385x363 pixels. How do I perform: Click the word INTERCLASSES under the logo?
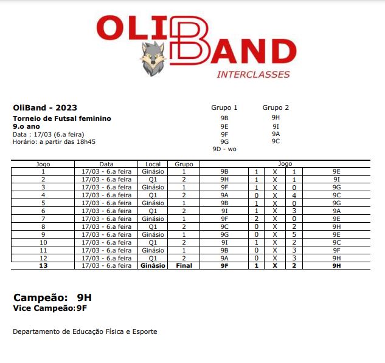253,75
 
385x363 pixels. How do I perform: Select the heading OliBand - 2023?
45,107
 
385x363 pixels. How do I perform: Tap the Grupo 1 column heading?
224,107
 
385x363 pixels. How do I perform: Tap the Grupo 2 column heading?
276,107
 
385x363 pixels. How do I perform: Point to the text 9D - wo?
224,149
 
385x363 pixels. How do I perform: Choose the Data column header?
106,164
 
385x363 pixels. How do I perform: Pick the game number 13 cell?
43,265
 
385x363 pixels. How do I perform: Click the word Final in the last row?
184,265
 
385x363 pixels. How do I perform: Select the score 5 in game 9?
294,234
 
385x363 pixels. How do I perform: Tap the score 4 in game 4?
294,195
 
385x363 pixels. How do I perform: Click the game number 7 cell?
43,219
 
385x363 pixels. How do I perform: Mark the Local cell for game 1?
152,172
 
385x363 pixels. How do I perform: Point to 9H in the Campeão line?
85,297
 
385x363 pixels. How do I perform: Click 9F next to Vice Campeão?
82,308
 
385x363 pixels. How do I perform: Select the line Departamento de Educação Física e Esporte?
85,331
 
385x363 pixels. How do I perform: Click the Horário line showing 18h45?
54,141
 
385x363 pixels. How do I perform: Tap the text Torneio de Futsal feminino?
61,118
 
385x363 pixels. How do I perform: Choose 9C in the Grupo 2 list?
276,141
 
